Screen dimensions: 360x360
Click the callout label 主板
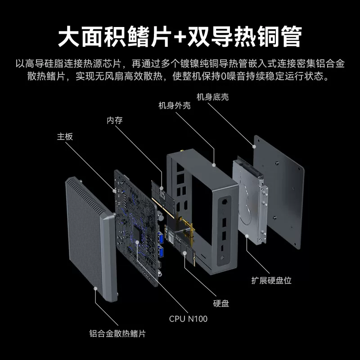click(x=65, y=137)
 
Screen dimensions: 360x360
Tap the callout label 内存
click(x=115, y=120)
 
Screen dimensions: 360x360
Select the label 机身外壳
click(x=175, y=106)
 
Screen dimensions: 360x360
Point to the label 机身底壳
click(x=212, y=97)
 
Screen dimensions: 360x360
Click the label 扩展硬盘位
click(x=271, y=280)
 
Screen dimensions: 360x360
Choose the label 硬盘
click(x=221, y=303)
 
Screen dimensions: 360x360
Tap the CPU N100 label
click(x=188, y=319)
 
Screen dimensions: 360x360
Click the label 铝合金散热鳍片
click(x=117, y=333)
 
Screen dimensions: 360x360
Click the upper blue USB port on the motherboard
click(x=161, y=238)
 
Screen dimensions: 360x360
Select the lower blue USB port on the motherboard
click(x=161, y=252)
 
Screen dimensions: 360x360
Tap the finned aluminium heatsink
click(x=91, y=239)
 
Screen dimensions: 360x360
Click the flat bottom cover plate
click(x=279, y=192)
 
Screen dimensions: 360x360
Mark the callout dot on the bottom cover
click(x=254, y=147)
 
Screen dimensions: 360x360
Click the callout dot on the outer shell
click(x=214, y=165)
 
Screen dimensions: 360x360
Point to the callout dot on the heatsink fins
click(x=95, y=288)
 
